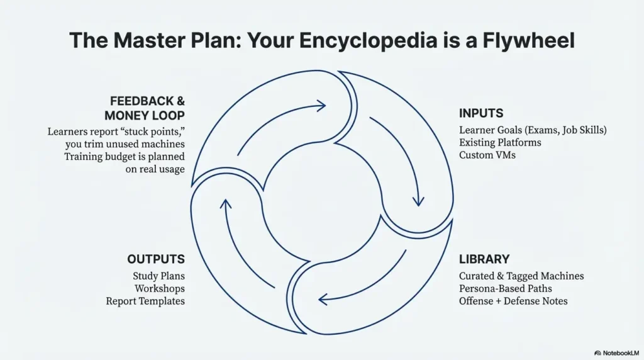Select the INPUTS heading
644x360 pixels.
481,114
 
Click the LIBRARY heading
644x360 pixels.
484,259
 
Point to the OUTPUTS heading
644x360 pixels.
156,259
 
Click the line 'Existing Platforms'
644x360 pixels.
500,143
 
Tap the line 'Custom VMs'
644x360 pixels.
487,155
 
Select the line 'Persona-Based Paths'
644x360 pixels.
506,288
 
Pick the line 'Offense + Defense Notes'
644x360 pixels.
513,301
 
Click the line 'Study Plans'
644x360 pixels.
158,276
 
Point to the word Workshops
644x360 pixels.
160,288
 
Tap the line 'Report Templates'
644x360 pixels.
145,301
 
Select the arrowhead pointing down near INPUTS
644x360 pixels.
417,201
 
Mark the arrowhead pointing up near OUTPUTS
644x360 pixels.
226,204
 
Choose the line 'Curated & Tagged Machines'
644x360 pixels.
521,276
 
